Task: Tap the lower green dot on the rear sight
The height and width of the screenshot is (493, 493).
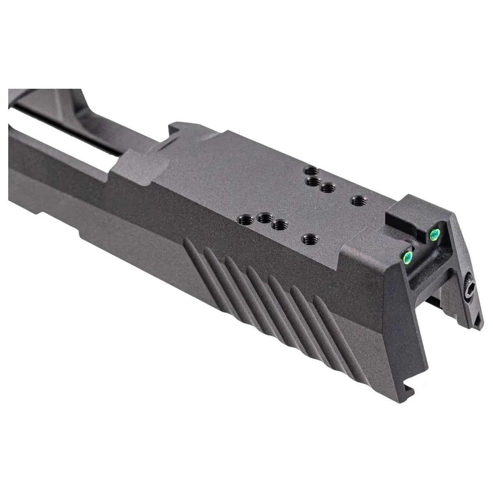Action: (x=408, y=257)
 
